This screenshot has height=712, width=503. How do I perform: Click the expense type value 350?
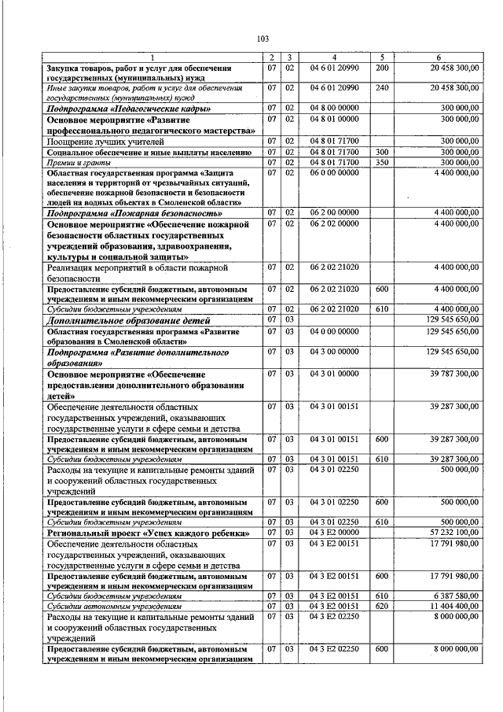[383, 162]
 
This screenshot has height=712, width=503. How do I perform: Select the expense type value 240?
[383, 88]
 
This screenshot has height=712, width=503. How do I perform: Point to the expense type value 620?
[383, 606]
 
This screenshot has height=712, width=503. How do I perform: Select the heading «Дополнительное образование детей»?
[130, 321]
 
